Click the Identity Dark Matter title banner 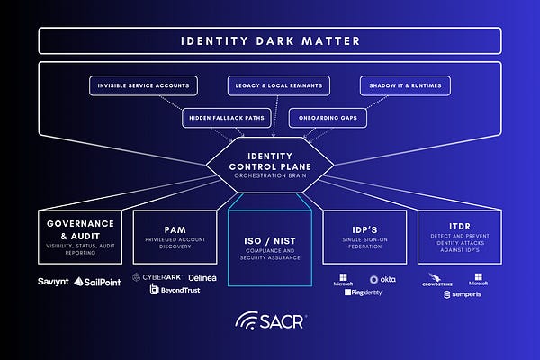[270, 40]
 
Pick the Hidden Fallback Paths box [216, 117]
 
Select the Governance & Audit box [80, 236]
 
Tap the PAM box [175, 236]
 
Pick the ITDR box [460, 236]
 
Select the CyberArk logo [158, 277]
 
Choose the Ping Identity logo [364, 292]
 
